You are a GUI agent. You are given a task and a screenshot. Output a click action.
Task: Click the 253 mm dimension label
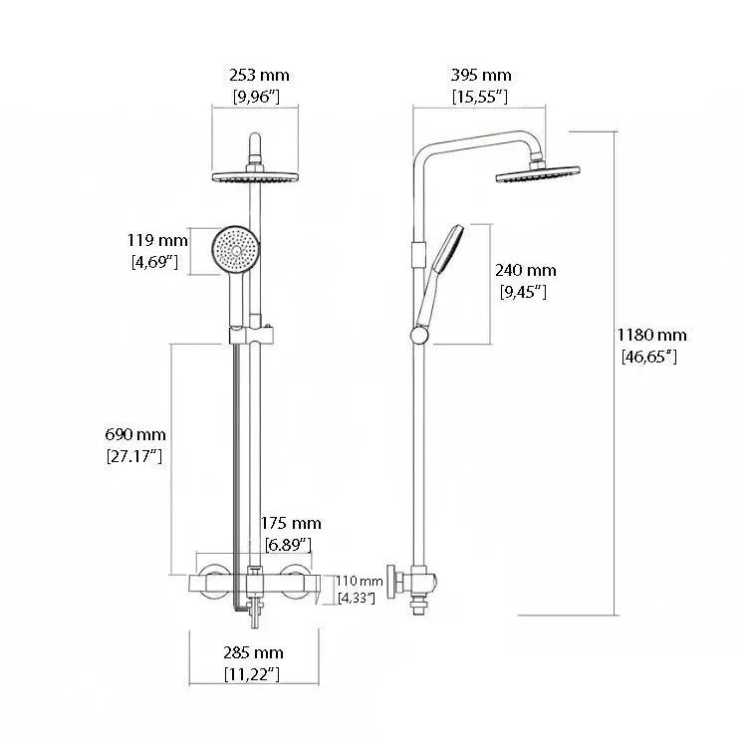259,75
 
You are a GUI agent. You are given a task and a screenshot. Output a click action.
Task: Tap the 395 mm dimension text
481,75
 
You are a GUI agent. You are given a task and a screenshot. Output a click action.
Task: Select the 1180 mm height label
651,335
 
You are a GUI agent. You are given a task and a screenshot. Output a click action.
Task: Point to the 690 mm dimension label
135,434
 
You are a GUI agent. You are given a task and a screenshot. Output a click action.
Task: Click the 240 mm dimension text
525,271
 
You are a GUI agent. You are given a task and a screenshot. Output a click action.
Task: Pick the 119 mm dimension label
157,240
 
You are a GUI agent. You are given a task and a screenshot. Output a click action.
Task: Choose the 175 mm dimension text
291,523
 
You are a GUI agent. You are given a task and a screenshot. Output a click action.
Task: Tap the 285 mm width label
253,653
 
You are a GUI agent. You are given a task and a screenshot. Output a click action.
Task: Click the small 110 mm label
359,581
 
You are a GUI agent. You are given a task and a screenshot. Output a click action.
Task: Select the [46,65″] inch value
649,357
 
